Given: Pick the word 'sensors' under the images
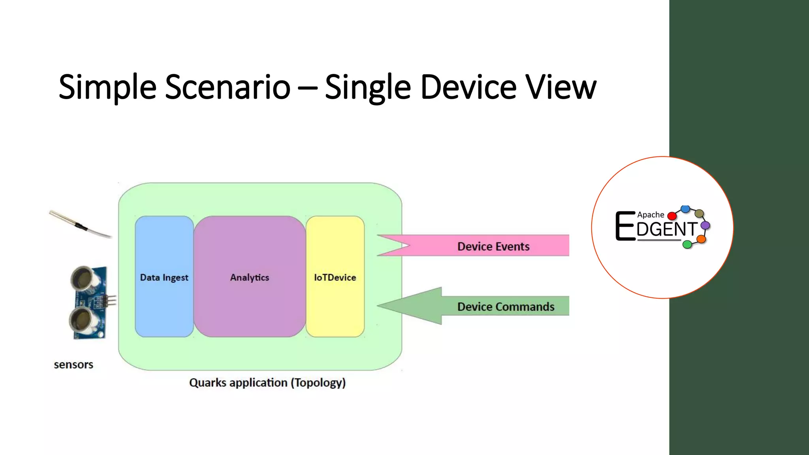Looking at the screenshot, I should coord(73,365).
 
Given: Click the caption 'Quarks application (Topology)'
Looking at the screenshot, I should coord(267,383).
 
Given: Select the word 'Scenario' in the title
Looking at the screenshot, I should coord(228,87).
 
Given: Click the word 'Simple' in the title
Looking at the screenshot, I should coord(107,87).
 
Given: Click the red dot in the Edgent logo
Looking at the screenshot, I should coord(672,216).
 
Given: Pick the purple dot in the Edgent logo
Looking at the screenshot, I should coord(705,226).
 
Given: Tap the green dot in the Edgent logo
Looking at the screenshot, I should coord(687,244).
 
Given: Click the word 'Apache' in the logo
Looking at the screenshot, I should coord(651,215).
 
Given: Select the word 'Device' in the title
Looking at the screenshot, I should coord(468,87).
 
